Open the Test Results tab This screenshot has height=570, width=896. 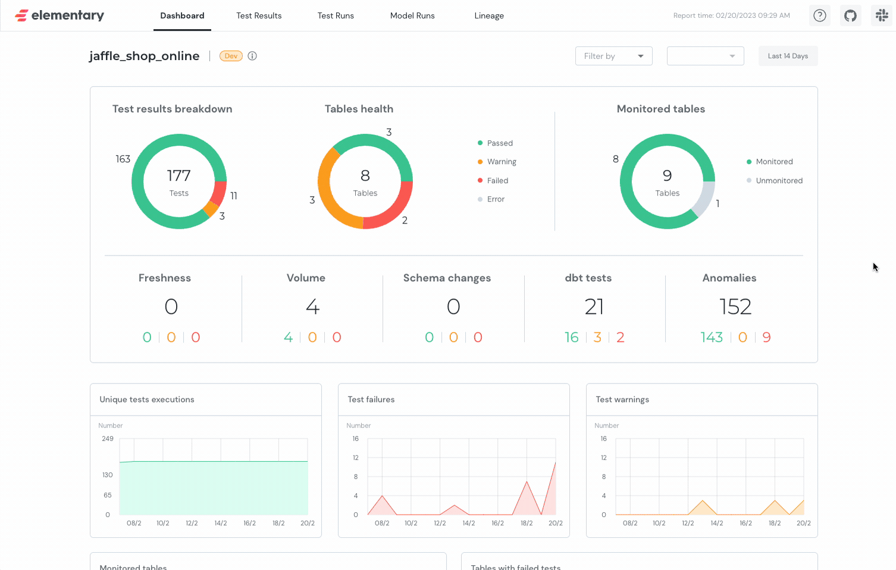click(x=259, y=15)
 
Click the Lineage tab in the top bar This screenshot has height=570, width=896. click(x=489, y=15)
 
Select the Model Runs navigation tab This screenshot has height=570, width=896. click(x=412, y=15)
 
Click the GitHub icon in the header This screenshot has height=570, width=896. click(x=851, y=15)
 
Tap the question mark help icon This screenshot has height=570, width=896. click(x=820, y=15)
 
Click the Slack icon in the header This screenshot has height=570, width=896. click(x=882, y=15)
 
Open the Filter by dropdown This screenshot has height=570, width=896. click(x=613, y=56)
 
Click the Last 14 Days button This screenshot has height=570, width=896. click(x=788, y=56)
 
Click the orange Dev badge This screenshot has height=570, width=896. click(x=231, y=56)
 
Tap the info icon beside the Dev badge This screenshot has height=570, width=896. click(x=252, y=56)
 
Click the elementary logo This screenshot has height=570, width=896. click(x=59, y=15)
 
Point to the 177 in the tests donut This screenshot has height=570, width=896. click(x=178, y=175)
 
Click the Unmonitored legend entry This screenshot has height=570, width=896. click(x=779, y=181)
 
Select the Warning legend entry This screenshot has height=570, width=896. click(x=501, y=162)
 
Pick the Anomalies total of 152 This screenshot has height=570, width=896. click(x=735, y=307)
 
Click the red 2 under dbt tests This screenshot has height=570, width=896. click(x=620, y=338)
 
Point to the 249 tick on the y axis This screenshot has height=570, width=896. click(x=108, y=439)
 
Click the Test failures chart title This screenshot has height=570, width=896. click(x=371, y=399)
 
